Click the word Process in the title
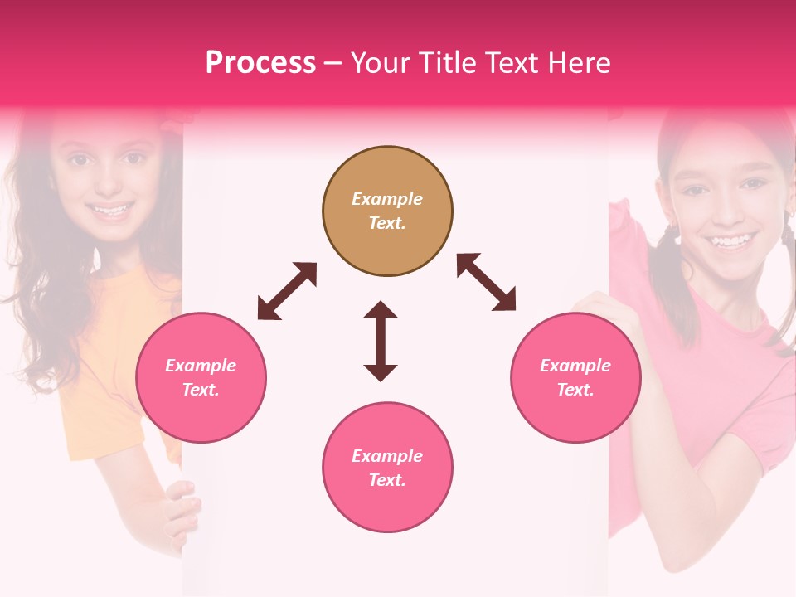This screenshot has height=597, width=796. tap(260, 63)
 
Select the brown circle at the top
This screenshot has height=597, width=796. tap(387, 211)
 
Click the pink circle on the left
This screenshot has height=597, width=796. tap(201, 377)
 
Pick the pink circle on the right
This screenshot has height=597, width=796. tap(575, 377)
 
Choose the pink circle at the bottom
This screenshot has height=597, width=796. tap(387, 467)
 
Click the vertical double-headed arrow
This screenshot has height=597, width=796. tap(381, 341)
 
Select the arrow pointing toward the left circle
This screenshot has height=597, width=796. tap(287, 291)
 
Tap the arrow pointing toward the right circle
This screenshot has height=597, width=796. tap(486, 282)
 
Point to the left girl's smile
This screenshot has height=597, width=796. tap(110, 210)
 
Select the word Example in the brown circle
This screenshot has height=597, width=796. tap(387, 199)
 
